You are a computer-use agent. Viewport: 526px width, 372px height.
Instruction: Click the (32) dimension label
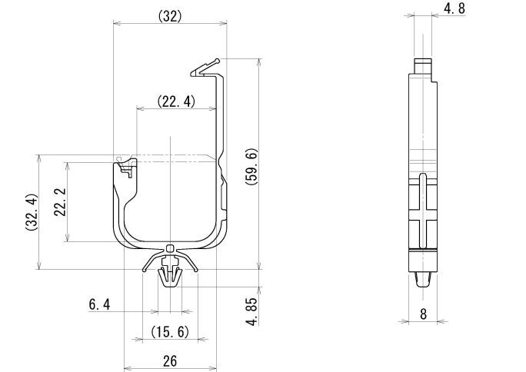coord(169,15)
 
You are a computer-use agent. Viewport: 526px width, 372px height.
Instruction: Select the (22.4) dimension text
coord(175,101)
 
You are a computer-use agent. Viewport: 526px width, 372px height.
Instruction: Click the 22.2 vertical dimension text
coord(59,202)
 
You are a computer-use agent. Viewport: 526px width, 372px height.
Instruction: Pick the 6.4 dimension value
coord(99,305)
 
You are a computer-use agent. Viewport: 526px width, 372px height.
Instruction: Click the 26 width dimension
coord(170,360)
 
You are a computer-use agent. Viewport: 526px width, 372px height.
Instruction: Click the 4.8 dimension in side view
coord(454,9)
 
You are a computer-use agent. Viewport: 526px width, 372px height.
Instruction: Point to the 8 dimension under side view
coord(423,313)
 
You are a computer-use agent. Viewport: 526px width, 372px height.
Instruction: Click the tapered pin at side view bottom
coord(423,277)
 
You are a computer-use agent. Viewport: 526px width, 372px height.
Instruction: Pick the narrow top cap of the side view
coord(421,65)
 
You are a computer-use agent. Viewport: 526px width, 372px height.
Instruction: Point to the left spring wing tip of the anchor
coord(144,271)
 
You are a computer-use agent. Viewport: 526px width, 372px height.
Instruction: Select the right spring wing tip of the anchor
coord(197,271)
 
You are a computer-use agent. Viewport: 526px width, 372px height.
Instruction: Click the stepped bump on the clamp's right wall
coord(225,195)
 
